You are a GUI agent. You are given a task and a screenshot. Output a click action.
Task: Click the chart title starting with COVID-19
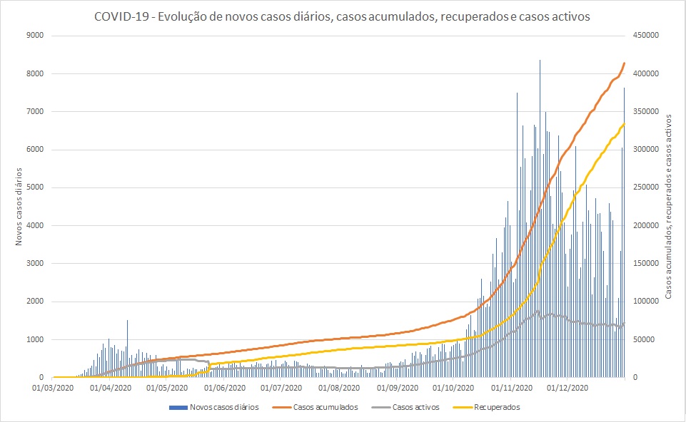click(342, 16)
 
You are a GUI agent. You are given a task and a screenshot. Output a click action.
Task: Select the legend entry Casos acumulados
click(326, 407)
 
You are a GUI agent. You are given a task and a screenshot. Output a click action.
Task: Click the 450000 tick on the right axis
click(645, 36)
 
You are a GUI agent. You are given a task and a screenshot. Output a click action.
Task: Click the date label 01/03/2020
click(53, 388)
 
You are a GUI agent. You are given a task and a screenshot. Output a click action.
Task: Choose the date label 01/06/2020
click(224, 388)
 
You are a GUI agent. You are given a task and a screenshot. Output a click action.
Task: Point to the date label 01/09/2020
click(398, 388)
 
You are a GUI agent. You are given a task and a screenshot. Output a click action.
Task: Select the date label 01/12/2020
click(568, 388)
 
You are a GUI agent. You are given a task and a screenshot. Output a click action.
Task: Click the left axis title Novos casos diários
click(19, 206)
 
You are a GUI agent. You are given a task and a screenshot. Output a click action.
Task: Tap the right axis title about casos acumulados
click(669, 206)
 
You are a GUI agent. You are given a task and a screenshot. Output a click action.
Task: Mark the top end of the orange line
click(625, 63)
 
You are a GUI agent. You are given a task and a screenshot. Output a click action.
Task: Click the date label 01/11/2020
click(513, 388)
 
